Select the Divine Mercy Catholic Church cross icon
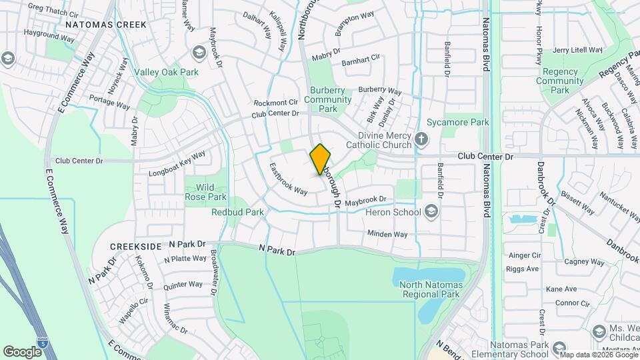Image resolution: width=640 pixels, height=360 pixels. (x=421, y=139)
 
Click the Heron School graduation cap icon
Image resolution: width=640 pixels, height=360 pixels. (x=431, y=212)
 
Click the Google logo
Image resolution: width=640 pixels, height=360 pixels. (x=22, y=351)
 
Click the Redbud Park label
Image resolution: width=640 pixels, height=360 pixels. (x=237, y=212)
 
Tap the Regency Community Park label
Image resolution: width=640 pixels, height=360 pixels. (x=563, y=81)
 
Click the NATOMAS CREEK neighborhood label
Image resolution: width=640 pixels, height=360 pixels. (x=96, y=24)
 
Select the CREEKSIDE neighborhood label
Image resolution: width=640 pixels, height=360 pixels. (x=136, y=246)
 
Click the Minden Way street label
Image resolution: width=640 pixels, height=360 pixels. (x=387, y=234)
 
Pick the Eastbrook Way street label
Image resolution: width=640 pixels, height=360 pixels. (x=288, y=180)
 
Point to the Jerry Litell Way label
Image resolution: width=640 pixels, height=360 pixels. (x=577, y=50)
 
